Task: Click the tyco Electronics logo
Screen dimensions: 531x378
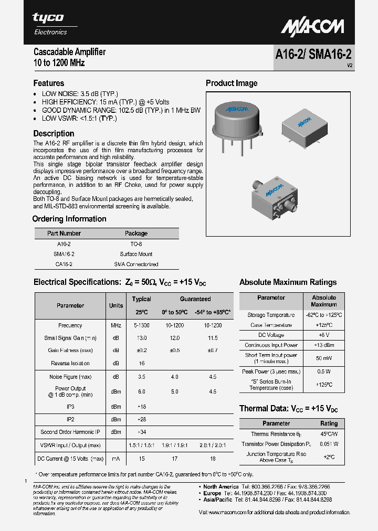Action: pos(49,23)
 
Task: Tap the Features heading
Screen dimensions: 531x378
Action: pos(49,83)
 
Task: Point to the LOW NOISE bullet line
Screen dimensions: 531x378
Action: pos(80,93)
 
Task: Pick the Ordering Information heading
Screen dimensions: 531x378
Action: pos(69,219)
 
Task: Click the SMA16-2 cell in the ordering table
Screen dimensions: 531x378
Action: pos(64,254)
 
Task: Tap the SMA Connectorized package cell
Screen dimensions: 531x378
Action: pos(136,264)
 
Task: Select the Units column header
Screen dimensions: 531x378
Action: pos(116,305)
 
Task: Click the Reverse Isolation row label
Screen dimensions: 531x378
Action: pos(70,363)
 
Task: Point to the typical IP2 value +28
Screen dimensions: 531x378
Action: pos(141,419)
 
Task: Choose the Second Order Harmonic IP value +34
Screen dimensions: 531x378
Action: pos(141,432)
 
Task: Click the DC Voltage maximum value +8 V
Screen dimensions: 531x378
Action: pos(323,335)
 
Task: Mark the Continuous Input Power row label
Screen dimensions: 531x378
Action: pos(271,345)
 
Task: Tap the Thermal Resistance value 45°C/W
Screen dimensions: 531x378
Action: pos(329,434)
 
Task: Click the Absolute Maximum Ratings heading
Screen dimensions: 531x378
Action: pos(288,282)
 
